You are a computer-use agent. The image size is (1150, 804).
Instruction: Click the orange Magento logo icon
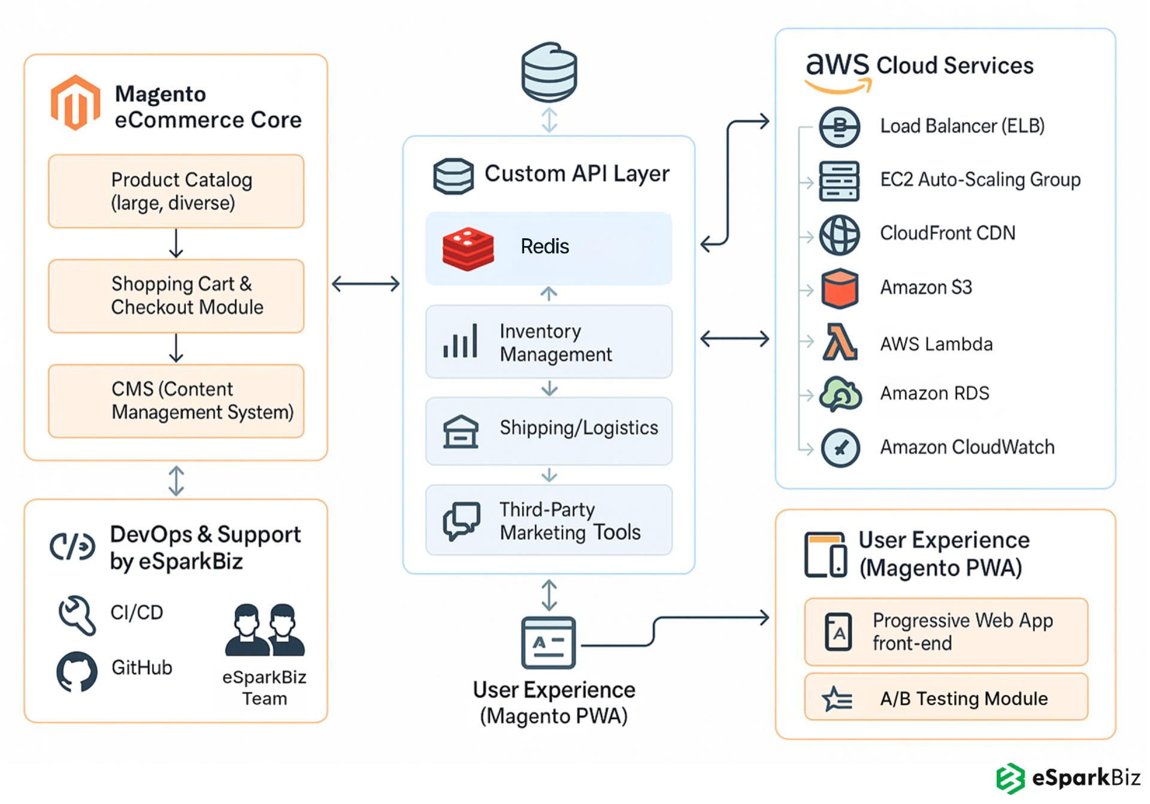pos(75,103)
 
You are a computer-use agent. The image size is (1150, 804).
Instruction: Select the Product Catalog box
pos(176,192)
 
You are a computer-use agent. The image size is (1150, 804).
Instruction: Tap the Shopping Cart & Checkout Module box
pos(176,296)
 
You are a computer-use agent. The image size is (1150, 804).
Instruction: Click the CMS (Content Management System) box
pos(176,401)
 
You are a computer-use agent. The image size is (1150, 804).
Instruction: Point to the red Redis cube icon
pos(468,248)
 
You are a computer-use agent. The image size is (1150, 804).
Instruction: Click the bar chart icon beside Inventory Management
pos(460,341)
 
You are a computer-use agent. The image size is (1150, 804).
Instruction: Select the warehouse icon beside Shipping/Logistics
pos(461,432)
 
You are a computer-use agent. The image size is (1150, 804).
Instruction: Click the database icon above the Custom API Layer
pos(549,72)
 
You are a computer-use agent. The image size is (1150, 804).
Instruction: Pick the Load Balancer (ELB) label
pos(962,126)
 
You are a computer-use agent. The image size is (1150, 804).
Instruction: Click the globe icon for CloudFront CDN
pos(839,235)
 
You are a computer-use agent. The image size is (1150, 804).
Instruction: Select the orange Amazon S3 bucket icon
pos(839,289)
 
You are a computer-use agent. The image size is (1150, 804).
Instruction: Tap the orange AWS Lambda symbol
pos(839,342)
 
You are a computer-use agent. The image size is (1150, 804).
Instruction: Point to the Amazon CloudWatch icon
pos(840,448)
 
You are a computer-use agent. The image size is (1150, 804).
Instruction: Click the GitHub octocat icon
pos(77,671)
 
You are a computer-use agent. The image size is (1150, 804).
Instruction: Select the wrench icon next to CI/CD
pos(77,614)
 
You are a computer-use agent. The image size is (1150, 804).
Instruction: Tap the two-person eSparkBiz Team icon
pos(265,630)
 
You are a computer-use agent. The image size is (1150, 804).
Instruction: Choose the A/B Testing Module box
pos(946,697)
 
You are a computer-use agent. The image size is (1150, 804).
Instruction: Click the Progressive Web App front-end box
pos(946,632)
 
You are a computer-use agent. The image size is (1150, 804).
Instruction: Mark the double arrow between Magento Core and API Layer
pos(365,284)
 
